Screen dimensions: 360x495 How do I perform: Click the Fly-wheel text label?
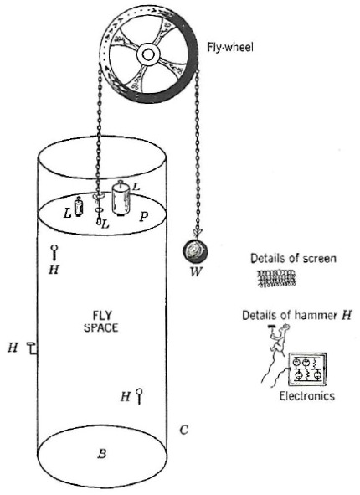(x=230, y=48)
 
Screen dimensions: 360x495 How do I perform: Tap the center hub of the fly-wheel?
(x=147, y=54)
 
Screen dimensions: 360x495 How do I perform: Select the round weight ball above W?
(x=195, y=251)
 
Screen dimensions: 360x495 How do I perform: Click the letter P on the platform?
(x=143, y=217)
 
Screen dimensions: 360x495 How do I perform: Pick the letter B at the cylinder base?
(x=102, y=454)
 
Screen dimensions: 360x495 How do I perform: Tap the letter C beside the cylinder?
(x=183, y=430)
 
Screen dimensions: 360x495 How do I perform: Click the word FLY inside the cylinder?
(x=102, y=316)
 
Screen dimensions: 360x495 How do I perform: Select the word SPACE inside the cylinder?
(x=101, y=327)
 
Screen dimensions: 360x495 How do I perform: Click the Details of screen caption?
(x=293, y=259)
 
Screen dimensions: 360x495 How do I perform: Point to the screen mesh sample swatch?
(x=277, y=278)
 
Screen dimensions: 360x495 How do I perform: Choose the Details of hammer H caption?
(x=296, y=316)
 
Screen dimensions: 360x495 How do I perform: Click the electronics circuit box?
(x=307, y=369)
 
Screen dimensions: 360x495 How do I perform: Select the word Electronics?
(x=306, y=396)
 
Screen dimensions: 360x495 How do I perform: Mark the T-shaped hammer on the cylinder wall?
(x=32, y=348)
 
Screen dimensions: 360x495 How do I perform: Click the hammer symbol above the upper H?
(x=54, y=253)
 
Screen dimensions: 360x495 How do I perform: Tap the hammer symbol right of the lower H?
(x=139, y=396)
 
